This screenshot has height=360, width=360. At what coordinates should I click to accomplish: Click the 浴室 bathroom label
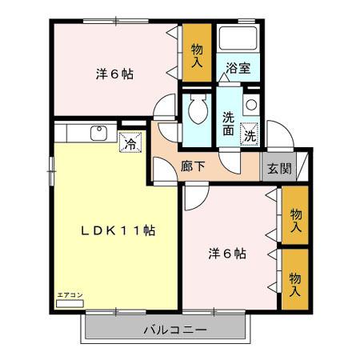(x=238, y=69)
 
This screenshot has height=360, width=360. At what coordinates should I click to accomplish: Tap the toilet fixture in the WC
(x=197, y=112)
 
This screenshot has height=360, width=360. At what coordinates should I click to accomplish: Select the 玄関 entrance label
(x=278, y=169)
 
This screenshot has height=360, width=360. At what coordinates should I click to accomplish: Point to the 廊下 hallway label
(x=193, y=168)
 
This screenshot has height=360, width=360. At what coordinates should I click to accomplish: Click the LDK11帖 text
(x=118, y=230)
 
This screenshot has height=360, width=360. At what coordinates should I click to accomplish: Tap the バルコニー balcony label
(x=177, y=330)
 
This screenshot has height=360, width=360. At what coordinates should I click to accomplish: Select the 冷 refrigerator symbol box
(x=130, y=144)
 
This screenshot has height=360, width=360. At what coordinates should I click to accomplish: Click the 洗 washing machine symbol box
(x=250, y=136)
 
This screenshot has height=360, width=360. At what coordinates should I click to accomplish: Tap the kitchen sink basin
(x=98, y=134)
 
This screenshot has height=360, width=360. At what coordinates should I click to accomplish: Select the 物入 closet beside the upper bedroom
(x=197, y=54)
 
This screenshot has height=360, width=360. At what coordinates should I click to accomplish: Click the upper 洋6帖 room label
(x=114, y=74)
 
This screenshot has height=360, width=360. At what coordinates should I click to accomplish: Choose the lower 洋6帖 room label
(x=227, y=254)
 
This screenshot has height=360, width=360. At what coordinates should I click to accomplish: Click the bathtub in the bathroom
(x=238, y=39)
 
